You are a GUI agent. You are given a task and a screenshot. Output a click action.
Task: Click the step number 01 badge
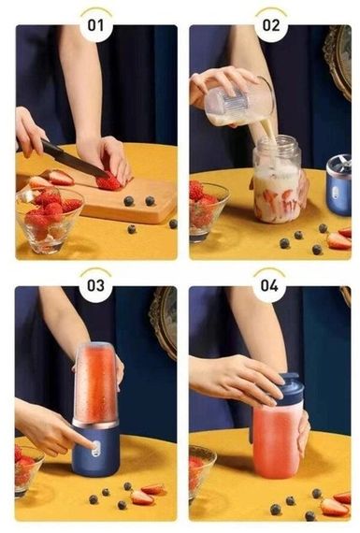click(96, 25)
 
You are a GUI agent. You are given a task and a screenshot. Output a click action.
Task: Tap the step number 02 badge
click(271, 25)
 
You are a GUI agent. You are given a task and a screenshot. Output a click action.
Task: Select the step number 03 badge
click(95, 285)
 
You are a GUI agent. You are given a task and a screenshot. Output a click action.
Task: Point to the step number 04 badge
click(269, 285)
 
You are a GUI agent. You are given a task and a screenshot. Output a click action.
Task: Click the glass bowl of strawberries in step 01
click(49, 220)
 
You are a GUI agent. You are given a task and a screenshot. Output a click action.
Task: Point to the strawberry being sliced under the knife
click(108, 182)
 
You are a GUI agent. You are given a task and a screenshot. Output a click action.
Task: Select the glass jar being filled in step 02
click(277, 180)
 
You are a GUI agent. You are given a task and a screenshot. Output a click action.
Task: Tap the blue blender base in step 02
click(338, 184)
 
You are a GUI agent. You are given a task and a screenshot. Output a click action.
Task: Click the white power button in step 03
click(96, 448)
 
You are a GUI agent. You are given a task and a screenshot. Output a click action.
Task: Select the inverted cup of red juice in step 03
click(96, 384)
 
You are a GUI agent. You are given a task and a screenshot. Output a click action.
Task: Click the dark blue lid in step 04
click(289, 390)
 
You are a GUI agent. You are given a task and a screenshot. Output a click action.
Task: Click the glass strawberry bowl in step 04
click(201, 469)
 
